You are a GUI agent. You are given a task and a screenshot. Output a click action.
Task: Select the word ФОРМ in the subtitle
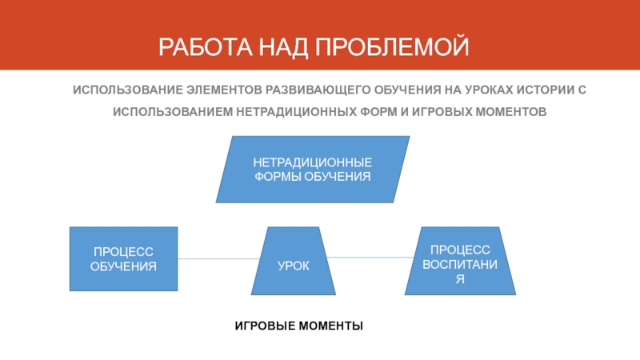click(382, 112)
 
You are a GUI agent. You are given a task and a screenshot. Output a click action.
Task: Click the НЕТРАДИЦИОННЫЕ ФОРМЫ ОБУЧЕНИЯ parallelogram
click(313, 169)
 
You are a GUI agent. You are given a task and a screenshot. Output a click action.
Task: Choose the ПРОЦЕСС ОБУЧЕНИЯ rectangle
click(123, 258)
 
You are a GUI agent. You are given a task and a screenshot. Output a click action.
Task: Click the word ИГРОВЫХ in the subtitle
click(439, 112)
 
